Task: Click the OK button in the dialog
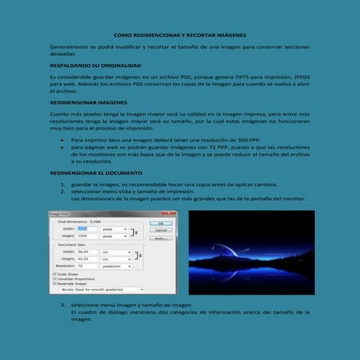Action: pyautogui.click(x=160, y=223)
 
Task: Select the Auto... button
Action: pyautogui.click(x=160, y=238)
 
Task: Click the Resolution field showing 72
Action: pyautogui.click(x=87, y=266)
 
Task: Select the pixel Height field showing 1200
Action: pyautogui.click(x=87, y=236)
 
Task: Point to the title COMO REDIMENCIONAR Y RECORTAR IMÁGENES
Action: pyautogui.click(x=180, y=35)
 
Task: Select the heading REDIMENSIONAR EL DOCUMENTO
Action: pyautogui.click(x=91, y=174)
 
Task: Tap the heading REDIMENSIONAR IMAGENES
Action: pyautogui.click(x=83, y=103)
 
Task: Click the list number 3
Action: pyautogui.click(x=63, y=304)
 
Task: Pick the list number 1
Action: pyautogui.click(x=63, y=185)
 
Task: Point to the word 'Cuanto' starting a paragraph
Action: pyautogui.click(x=58, y=115)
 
